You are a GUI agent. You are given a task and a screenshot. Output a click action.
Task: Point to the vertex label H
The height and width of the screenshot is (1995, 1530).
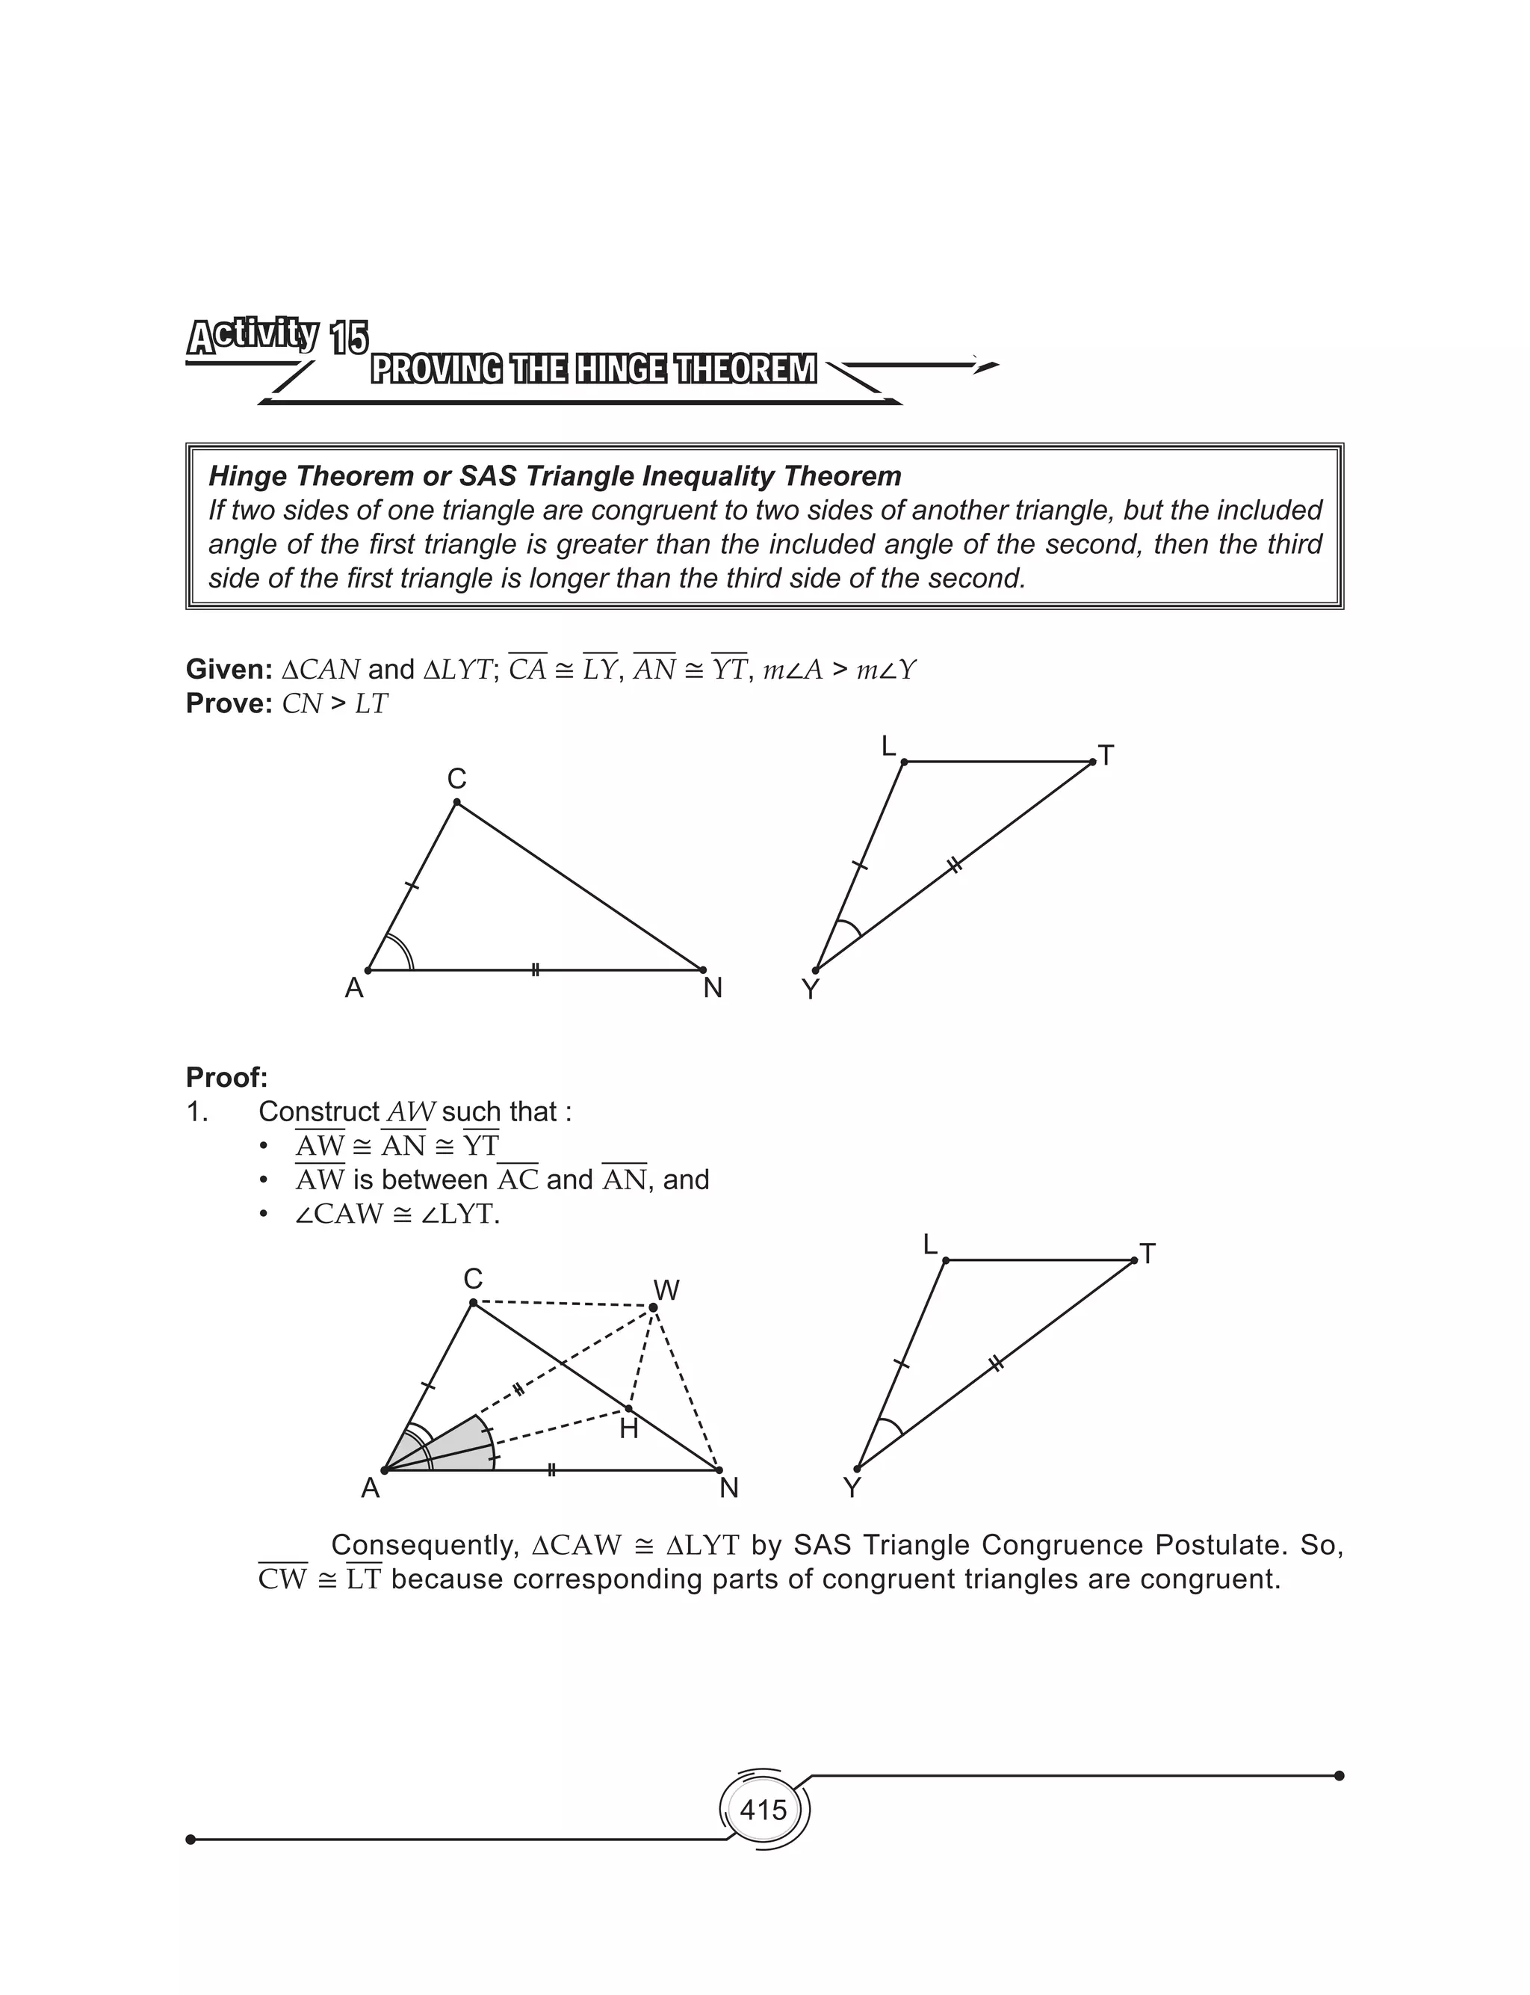pos(628,1429)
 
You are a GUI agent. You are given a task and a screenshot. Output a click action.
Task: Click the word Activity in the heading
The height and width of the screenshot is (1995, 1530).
pos(253,336)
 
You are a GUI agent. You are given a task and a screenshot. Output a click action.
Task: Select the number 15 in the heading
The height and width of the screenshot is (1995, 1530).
pos(349,340)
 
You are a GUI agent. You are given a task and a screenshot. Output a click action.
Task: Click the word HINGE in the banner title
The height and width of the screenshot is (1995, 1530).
pos(620,370)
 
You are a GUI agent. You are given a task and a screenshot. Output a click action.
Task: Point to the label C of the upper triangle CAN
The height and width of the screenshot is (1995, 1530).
pos(456,779)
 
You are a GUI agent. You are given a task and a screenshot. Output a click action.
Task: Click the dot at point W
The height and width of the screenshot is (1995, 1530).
pos(653,1308)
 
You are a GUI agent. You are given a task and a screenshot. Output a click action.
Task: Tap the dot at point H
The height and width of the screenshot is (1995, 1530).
pos(628,1409)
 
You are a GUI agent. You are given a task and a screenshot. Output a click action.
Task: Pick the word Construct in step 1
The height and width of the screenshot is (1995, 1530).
pos(319,1112)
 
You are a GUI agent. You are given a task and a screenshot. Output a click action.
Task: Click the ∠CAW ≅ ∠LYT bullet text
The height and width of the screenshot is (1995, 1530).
pos(397,1215)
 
